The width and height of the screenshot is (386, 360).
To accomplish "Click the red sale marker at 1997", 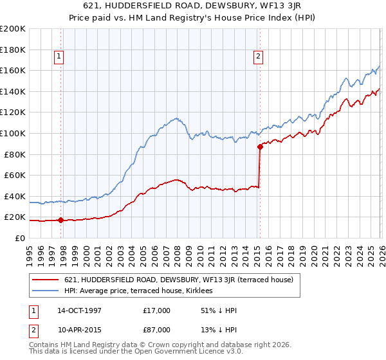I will [60, 220].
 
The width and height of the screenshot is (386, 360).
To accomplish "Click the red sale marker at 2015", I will [260, 147].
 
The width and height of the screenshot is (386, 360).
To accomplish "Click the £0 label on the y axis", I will [19, 238].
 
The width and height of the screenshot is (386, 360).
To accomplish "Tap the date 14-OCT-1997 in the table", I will [79, 310].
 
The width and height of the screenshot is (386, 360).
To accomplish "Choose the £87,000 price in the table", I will [157, 330].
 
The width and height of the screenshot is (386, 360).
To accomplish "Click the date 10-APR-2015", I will [79, 330].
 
